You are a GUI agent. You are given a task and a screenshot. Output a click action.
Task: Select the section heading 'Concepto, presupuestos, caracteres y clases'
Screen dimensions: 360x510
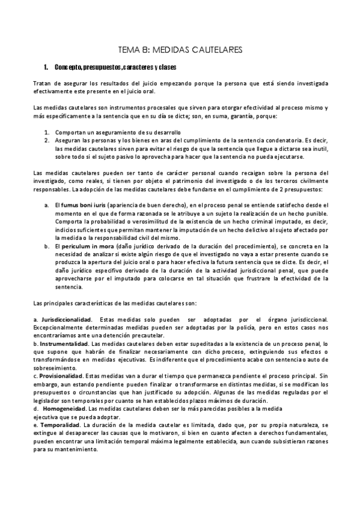(x=114, y=67)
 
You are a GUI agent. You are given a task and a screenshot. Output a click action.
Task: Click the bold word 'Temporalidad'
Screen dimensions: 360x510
(x=58, y=425)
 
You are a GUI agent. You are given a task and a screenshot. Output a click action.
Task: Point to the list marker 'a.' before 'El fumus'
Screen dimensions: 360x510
(x=47, y=206)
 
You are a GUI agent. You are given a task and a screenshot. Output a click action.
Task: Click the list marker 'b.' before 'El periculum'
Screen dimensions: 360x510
(x=47, y=247)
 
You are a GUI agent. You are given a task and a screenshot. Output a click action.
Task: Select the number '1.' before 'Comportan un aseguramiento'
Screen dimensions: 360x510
(x=47, y=132)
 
